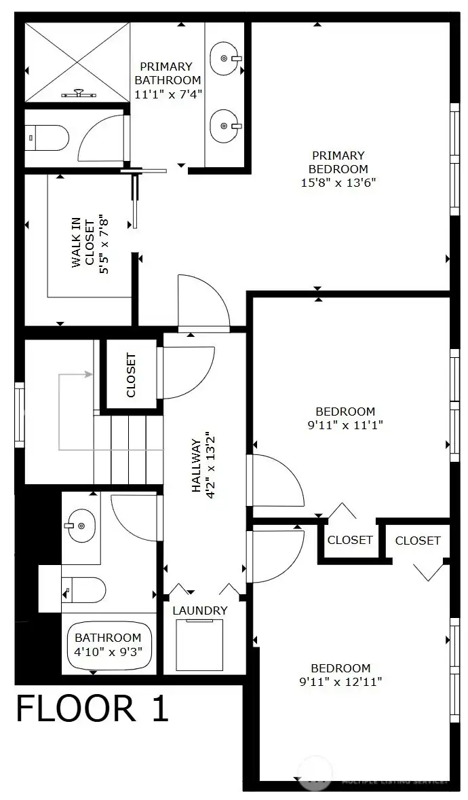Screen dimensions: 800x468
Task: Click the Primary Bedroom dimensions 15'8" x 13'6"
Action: coord(338,183)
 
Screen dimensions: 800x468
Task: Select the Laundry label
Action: coord(199,611)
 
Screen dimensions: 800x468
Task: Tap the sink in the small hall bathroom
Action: coord(81,525)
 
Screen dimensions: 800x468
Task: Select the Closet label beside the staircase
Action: coord(131,375)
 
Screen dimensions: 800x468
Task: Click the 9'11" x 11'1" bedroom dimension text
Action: coord(345,425)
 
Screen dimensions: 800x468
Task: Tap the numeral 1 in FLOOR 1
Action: coord(157,709)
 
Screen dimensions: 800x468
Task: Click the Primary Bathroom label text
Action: coord(166,73)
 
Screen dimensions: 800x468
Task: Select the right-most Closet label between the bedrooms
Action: coord(417,541)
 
